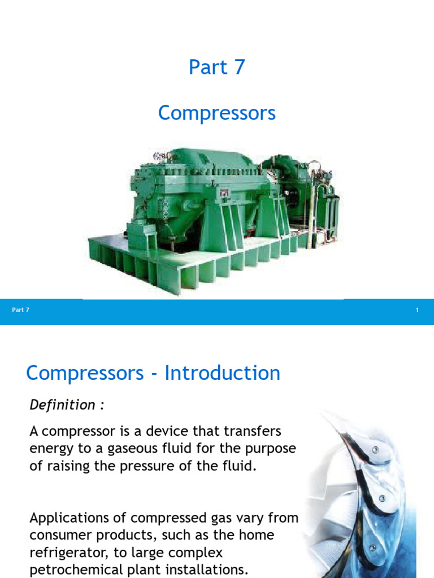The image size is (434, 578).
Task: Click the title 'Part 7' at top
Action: point(217,67)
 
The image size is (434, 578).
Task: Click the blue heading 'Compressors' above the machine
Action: point(217,113)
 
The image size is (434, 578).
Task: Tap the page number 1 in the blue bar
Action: point(417,310)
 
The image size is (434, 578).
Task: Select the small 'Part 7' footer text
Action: point(20,310)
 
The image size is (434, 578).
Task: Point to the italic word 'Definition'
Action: point(62,405)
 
